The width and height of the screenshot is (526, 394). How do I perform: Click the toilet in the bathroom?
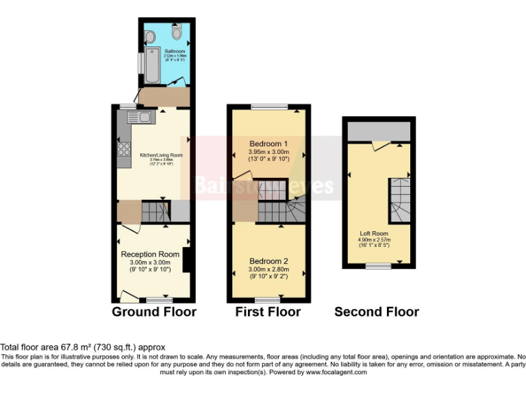click(x=177, y=32)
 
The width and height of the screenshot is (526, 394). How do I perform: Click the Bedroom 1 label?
click(x=268, y=144)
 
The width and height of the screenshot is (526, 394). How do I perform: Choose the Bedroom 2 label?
click(x=268, y=261)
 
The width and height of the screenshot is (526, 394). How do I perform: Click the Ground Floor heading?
click(x=153, y=312)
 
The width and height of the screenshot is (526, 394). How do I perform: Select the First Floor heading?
click(x=268, y=312)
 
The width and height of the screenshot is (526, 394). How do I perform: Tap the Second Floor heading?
click(x=377, y=312)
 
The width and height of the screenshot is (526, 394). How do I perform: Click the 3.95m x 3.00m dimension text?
click(x=268, y=151)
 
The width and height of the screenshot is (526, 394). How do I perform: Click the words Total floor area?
click(x=30, y=347)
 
